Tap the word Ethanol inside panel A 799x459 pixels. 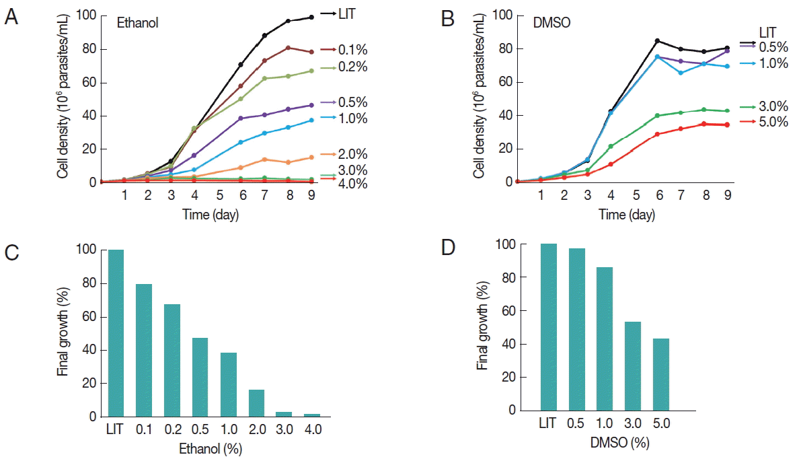tap(139, 24)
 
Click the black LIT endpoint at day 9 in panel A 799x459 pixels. tap(311, 17)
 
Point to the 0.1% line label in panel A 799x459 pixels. tap(353, 50)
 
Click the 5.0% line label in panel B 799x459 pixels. tap(773, 125)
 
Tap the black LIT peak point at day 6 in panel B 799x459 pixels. tap(656, 41)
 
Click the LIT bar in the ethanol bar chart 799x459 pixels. tap(116, 333)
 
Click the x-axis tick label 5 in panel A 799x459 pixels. tap(219, 196)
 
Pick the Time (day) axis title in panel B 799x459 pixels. tap(627, 215)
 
